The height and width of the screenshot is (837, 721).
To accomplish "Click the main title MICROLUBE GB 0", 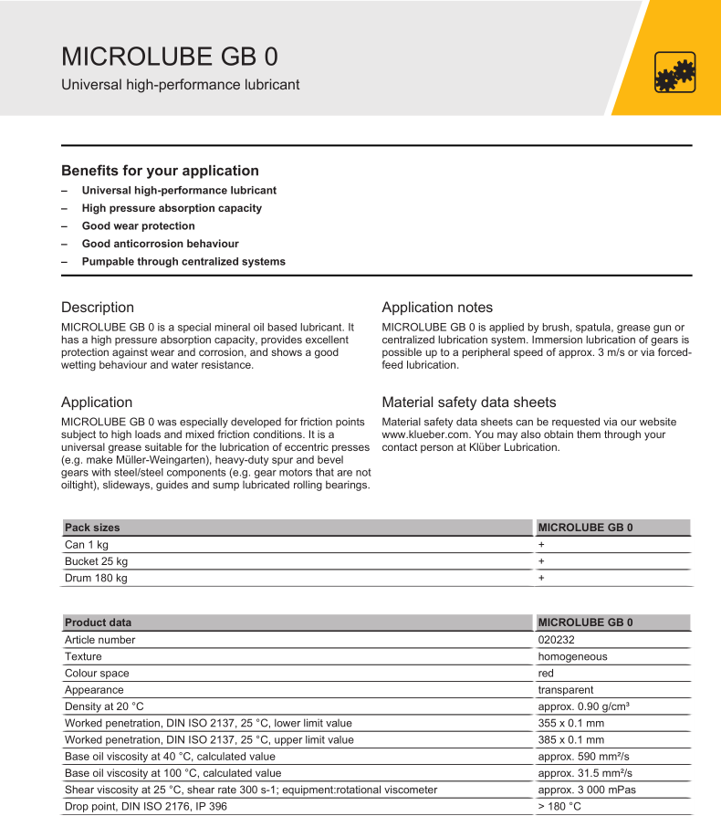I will tap(170, 56).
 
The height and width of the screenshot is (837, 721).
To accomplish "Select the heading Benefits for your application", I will tap(160, 171).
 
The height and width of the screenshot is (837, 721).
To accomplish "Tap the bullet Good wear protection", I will tap(138, 225).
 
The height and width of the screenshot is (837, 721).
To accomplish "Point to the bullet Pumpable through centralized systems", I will tap(183, 261).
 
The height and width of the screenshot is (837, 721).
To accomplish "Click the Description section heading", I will tap(98, 308).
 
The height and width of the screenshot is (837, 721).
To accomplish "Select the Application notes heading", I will tap(437, 308).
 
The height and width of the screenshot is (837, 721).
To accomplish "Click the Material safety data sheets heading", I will tap(469, 403).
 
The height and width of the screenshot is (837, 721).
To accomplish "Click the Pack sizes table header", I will tap(92, 528).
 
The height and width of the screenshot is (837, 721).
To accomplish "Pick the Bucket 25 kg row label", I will tap(96, 561).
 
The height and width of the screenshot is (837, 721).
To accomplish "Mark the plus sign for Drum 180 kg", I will tap(541, 578).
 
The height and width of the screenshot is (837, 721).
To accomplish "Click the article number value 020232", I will tap(556, 640).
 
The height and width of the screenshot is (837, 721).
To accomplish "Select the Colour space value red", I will tap(547, 674).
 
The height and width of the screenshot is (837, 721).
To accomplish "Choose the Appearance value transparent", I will tap(566, 690).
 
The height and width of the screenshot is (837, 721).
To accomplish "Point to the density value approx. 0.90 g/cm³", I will tap(584, 706).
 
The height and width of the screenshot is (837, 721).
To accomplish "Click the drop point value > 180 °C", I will tap(559, 807).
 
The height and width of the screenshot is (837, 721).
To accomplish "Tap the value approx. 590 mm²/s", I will tap(583, 757).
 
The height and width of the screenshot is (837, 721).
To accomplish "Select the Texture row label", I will tap(83, 656).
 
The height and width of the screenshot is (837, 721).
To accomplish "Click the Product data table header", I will tap(98, 623).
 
